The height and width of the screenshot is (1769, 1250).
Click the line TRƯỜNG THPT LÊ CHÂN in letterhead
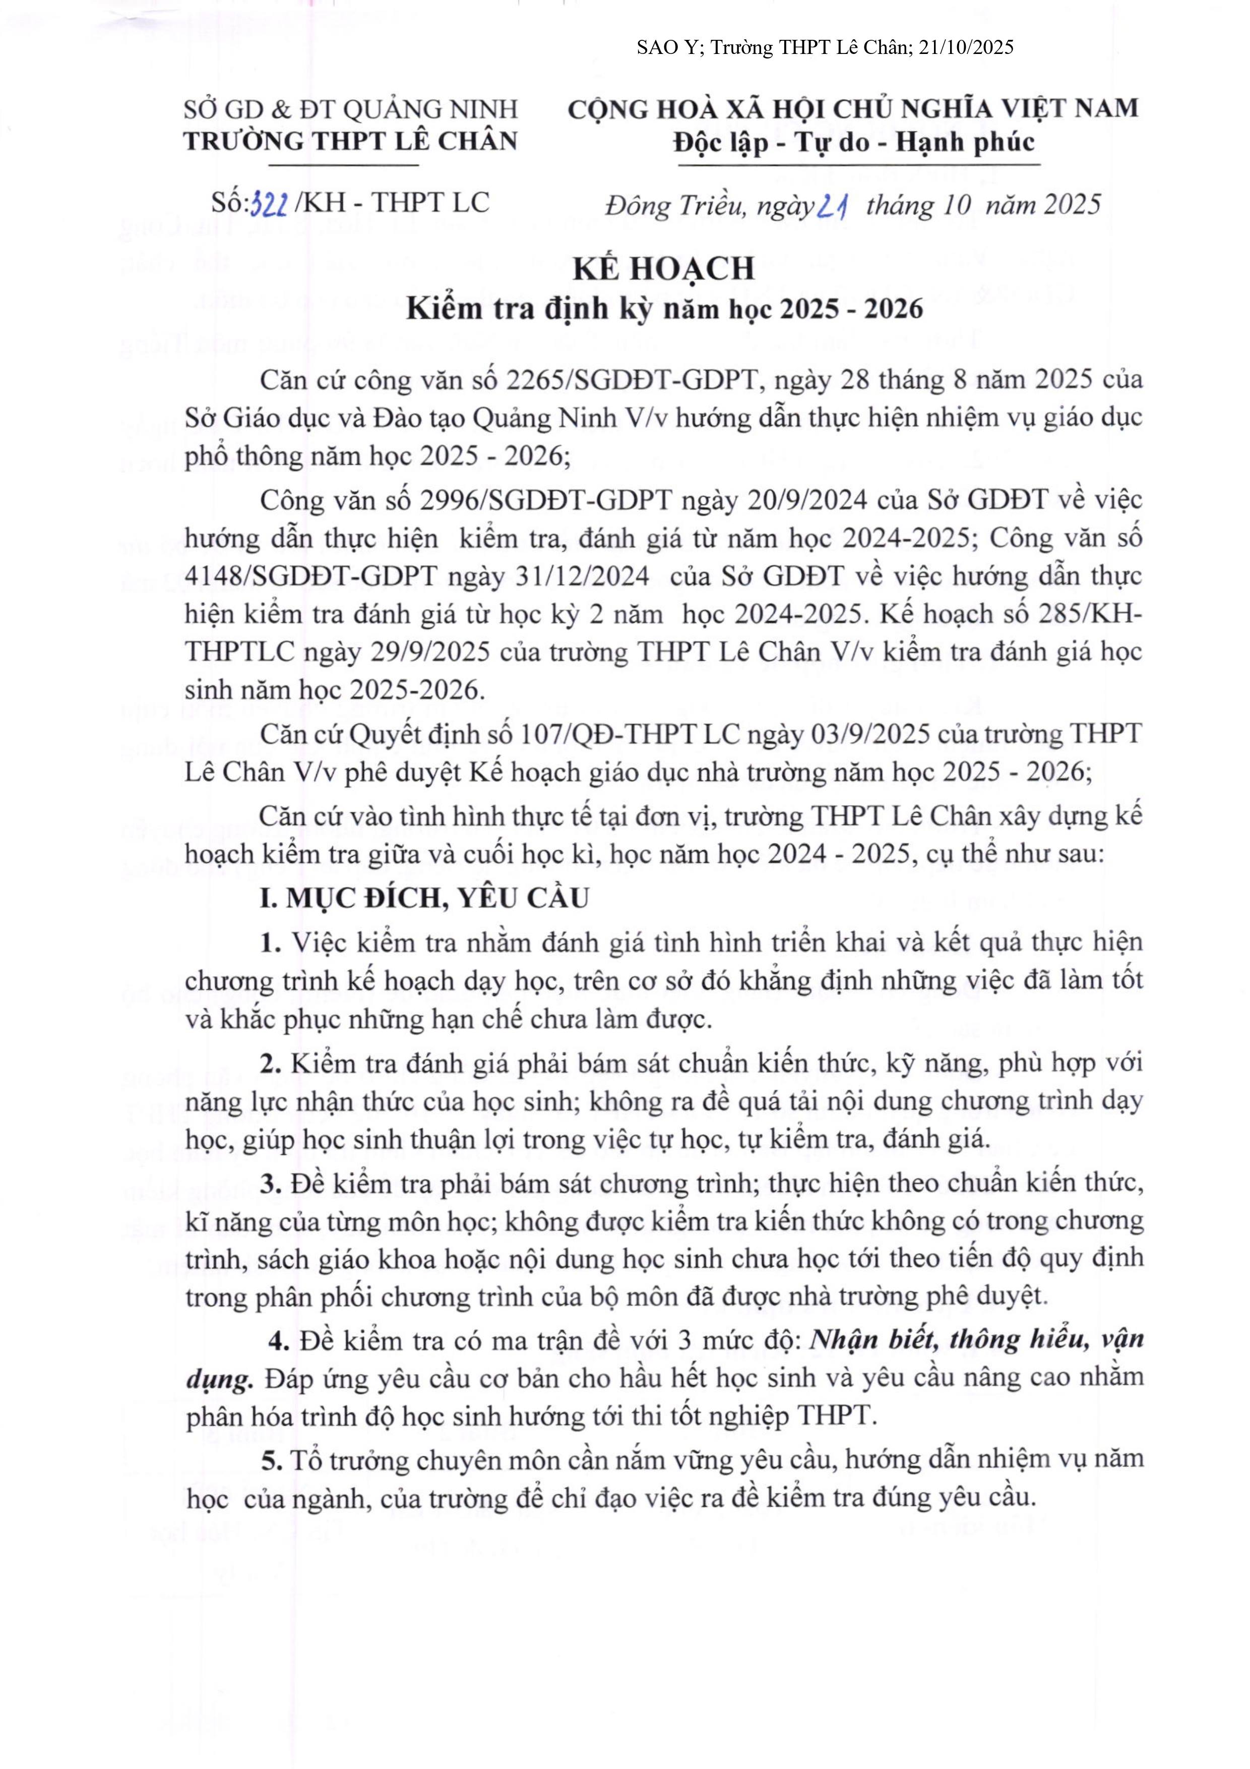click(350, 141)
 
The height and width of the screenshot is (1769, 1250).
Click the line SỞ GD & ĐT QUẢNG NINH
click(350, 109)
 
